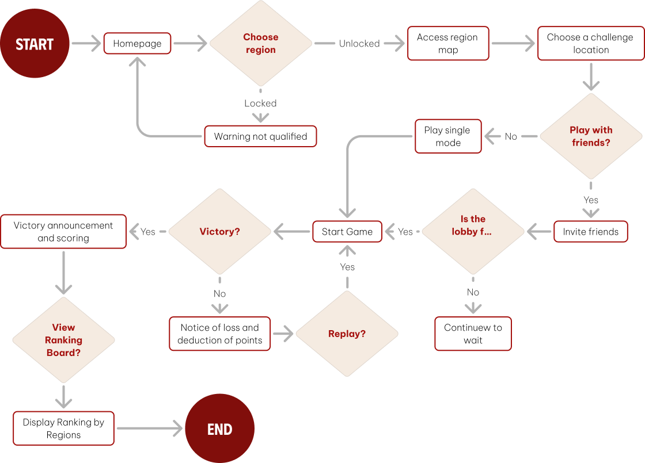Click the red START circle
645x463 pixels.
[35, 44]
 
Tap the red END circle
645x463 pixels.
[219, 428]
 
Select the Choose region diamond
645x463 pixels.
[260, 43]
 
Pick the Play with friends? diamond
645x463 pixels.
[591, 136]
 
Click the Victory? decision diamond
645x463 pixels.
[219, 232]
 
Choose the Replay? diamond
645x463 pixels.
[347, 334]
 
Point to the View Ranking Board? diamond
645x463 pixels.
[63, 340]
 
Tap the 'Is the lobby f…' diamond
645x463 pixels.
[473, 232]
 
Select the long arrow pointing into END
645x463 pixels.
[150, 428]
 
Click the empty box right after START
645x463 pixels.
[137, 44]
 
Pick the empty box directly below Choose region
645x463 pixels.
[260, 136]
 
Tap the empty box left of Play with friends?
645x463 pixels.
[448, 136]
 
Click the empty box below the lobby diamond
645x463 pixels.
[473, 334]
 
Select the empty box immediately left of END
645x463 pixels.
[63, 428]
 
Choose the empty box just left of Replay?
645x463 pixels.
[219, 334]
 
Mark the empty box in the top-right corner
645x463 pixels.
[591, 43]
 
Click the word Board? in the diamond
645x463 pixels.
[63, 353]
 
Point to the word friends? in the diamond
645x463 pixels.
[591, 143]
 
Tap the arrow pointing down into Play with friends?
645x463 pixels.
[591, 76]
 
